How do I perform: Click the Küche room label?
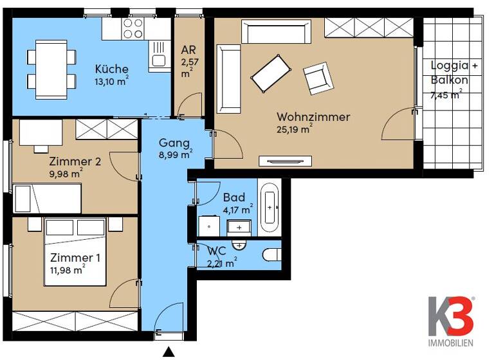111,69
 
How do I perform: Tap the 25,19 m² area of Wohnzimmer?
295,130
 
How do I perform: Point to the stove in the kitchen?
133,28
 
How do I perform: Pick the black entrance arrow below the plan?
169,351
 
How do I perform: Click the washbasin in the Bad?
239,226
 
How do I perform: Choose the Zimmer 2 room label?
75,161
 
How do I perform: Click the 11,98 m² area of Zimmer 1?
68,270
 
